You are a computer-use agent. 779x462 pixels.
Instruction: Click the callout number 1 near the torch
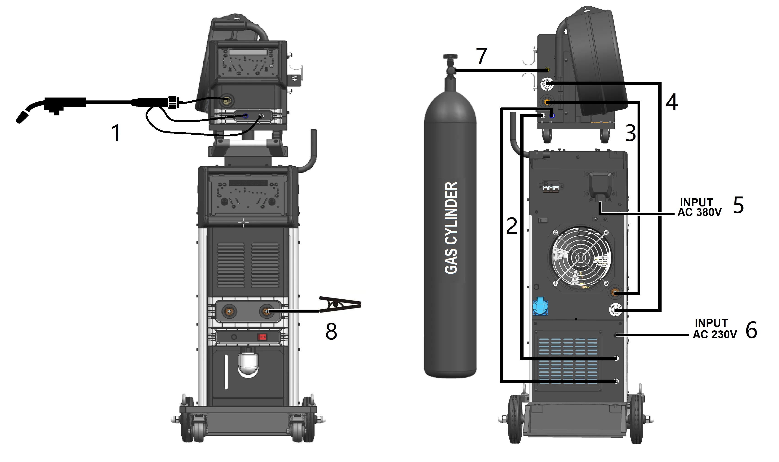tap(116, 133)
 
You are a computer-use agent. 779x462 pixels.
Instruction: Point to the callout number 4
tap(671, 102)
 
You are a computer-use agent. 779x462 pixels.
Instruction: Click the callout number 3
tap(630, 133)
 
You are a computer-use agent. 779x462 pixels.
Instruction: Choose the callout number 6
tap(751, 330)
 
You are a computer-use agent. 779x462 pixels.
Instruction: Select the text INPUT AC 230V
tap(715, 329)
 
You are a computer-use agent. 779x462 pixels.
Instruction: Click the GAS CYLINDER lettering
tap(451, 228)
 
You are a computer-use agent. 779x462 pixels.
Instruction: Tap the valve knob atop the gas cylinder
tap(450, 57)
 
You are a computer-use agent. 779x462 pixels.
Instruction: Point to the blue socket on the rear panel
tap(540, 306)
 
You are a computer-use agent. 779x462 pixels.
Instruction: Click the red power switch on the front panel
tap(262, 337)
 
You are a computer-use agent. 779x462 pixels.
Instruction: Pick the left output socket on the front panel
tap(229, 311)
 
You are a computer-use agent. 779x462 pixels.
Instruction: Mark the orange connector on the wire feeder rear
tap(546, 102)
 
